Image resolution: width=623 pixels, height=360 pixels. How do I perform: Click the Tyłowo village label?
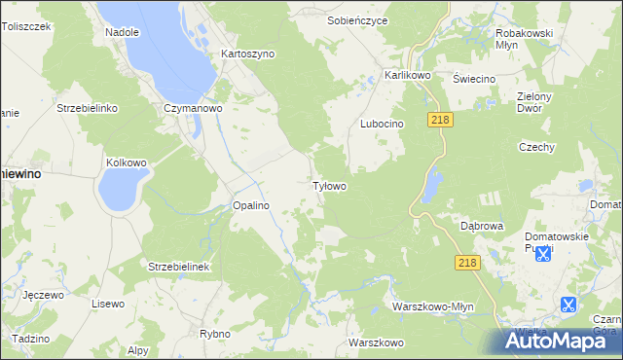point(329,185)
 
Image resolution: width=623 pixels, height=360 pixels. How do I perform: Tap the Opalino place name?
point(250,205)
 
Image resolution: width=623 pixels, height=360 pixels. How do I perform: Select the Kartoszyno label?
point(248,54)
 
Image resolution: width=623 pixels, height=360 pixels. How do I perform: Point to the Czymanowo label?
point(194,108)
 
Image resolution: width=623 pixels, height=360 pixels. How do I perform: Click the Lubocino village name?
point(382,124)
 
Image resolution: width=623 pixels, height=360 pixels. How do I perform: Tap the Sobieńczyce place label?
point(357,19)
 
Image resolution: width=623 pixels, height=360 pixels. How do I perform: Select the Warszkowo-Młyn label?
point(433,306)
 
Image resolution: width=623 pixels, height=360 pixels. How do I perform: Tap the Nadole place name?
point(122,32)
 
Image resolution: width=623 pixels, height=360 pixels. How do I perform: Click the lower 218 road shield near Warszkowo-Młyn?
point(467,263)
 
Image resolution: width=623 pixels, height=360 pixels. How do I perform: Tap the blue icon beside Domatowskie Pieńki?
point(543,254)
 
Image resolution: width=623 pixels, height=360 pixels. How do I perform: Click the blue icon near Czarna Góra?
point(568,305)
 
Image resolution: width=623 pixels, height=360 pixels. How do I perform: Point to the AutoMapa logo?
point(561,341)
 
